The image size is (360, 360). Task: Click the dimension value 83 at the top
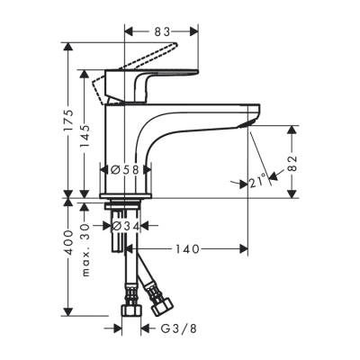click(162, 32)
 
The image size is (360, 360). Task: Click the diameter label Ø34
click(127, 226)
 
